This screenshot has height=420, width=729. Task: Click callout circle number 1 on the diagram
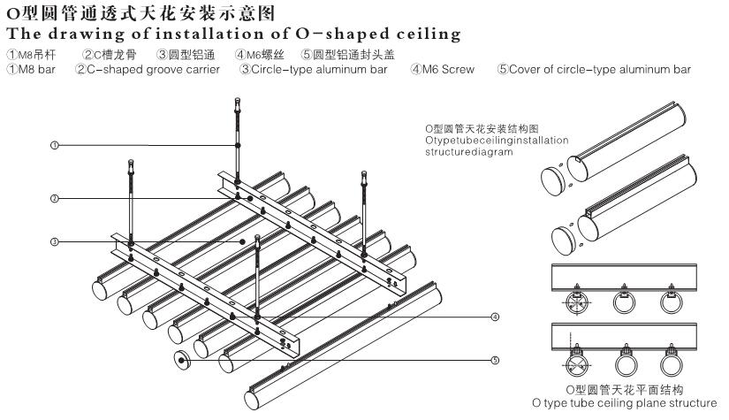pyautogui.click(x=54, y=144)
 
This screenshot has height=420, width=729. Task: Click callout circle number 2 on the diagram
pyautogui.click(x=54, y=199)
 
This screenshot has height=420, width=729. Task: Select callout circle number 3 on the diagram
pyautogui.click(x=54, y=241)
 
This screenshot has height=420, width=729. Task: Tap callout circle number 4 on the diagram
pyautogui.click(x=495, y=316)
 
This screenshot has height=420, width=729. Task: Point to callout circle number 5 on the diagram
pyautogui.click(x=495, y=359)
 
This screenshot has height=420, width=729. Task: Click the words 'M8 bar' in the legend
pyautogui.click(x=36, y=69)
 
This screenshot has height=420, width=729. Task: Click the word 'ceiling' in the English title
pyautogui.click(x=428, y=34)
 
